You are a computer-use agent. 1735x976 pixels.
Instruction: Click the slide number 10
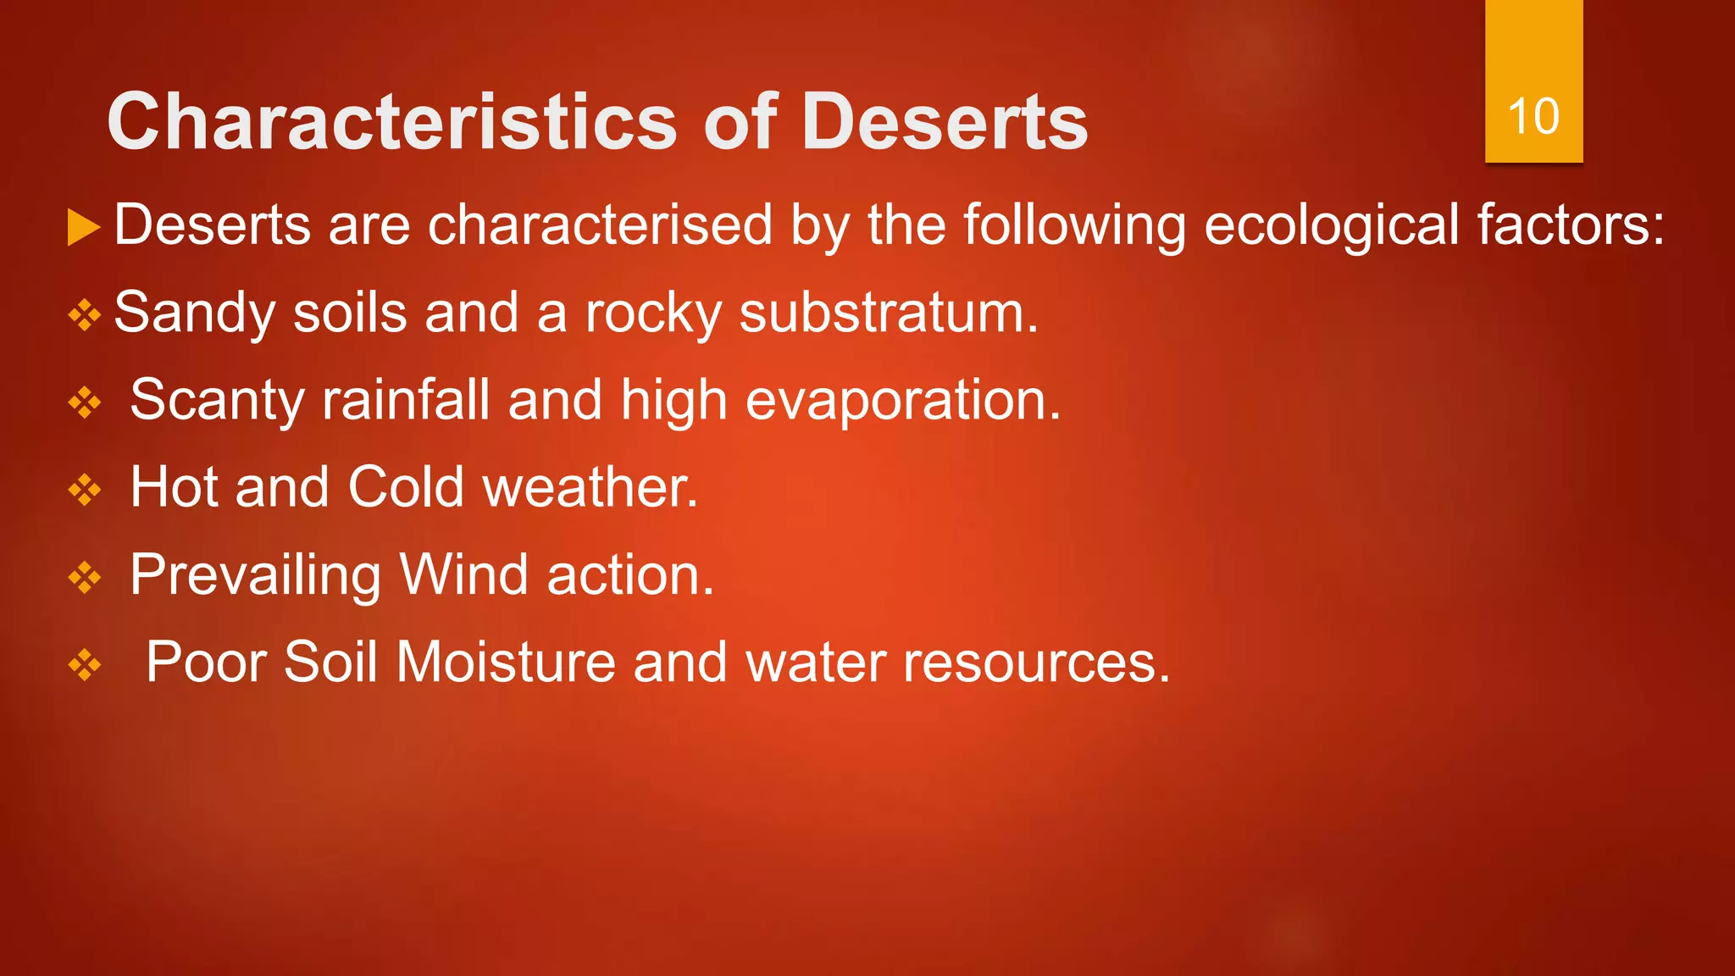pos(1533,116)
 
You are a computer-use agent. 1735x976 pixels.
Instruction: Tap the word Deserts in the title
pos(944,122)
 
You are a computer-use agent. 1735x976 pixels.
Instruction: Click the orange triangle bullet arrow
pos(83,227)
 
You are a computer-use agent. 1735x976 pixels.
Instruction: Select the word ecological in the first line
pos(1331,225)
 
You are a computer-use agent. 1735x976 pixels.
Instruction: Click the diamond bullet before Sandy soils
pos(84,316)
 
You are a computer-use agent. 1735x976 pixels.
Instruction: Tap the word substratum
pos(888,313)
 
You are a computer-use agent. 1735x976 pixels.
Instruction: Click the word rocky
pos(652,314)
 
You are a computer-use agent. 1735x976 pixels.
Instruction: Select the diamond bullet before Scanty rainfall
pos(84,403)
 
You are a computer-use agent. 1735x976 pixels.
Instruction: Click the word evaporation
pos(902,401)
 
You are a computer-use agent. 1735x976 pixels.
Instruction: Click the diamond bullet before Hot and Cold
pos(84,491)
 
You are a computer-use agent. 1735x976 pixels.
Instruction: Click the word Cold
pos(406,488)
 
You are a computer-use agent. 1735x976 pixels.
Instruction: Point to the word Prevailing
pos(255,576)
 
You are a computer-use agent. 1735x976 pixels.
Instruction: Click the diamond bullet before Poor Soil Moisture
pos(84,666)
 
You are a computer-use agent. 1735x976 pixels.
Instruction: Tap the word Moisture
pos(506,662)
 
